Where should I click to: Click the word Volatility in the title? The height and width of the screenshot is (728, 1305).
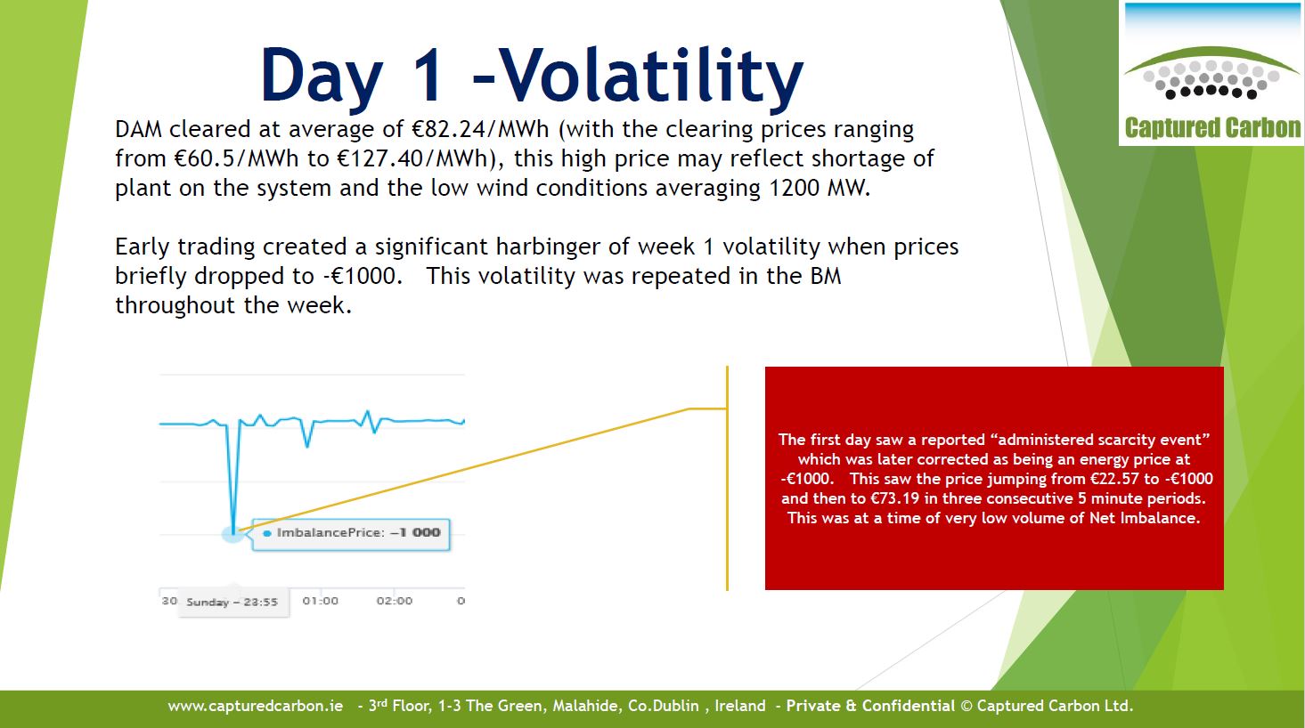[x=650, y=76]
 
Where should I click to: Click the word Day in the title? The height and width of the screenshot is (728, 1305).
[x=322, y=76]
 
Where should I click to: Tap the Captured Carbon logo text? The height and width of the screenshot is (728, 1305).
[x=1212, y=128]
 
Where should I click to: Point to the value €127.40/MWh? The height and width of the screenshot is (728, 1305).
[x=412, y=158]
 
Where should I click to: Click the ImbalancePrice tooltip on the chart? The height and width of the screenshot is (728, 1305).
[x=351, y=534]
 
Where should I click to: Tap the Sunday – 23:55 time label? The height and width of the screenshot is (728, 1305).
[x=232, y=603]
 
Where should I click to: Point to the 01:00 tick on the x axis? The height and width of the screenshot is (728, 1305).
[x=321, y=601]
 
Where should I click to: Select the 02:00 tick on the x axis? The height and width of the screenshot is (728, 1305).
[x=395, y=601]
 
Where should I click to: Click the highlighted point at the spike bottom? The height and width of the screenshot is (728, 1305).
[x=233, y=532]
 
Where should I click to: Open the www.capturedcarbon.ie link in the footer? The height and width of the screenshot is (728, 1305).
[x=255, y=706]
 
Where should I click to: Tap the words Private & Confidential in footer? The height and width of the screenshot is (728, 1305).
[x=870, y=706]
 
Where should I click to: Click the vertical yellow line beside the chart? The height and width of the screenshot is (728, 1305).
[x=727, y=478]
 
